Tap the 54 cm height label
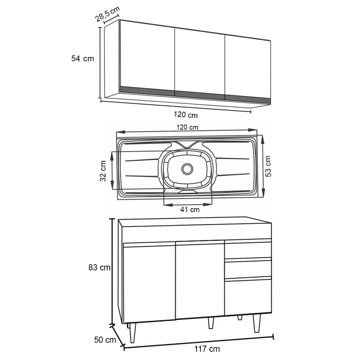(83, 59)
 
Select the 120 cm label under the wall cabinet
(185, 114)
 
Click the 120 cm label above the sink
(187, 127)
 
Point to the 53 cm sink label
(268, 166)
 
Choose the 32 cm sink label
(103, 171)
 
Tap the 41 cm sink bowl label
(190, 210)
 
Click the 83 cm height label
(99, 267)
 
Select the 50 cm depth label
(105, 340)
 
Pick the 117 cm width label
(207, 349)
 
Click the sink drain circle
(187, 169)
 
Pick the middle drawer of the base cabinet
(248, 269)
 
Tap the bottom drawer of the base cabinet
(248, 296)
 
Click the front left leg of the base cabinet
(132, 333)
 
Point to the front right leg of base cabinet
(257, 323)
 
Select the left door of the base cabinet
(149, 283)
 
